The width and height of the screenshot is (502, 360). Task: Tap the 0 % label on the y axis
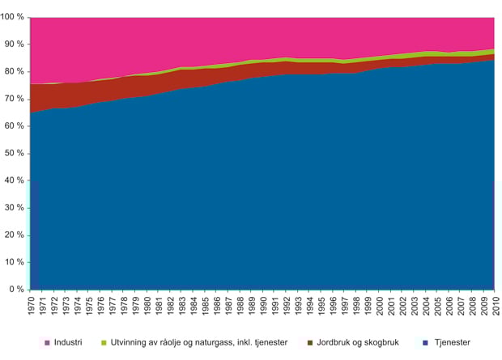click(17, 290)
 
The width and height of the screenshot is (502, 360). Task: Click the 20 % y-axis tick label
click(15, 235)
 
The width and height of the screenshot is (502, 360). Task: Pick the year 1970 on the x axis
click(32, 307)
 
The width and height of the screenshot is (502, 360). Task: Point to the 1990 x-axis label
click(263, 307)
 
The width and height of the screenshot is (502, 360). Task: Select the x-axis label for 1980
click(147, 307)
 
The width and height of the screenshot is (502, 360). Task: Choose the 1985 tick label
click(205, 307)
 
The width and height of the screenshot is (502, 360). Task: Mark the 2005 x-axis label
click(436, 307)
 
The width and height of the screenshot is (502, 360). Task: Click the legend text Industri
click(67, 344)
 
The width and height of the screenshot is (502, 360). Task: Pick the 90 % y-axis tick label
click(15, 44)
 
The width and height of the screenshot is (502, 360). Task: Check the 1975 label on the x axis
click(90, 307)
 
